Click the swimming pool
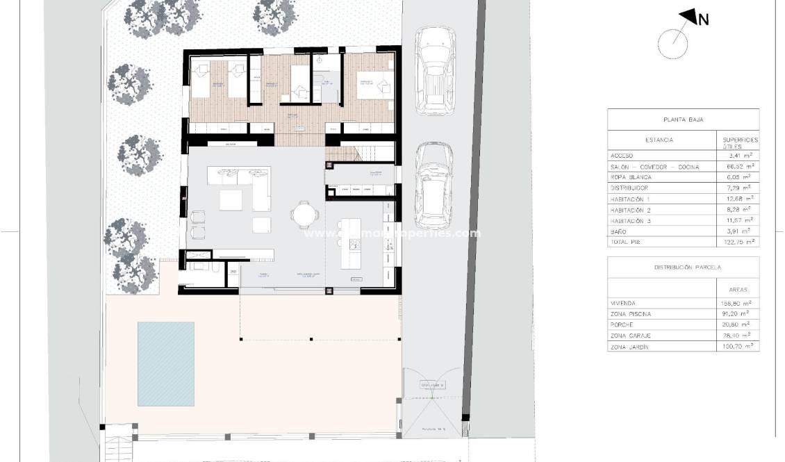[165, 363]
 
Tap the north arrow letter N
[703, 20]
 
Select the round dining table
[304, 214]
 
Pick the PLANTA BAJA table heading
[683, 119]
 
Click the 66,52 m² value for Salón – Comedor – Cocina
[738, 167]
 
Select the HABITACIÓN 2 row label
[631, 209]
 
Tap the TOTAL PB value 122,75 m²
[738, 242]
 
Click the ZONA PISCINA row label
[631, 314]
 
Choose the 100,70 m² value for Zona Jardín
[738, 346]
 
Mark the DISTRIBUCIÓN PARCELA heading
[683, 267]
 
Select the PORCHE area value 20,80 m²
[738, 324]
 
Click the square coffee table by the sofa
[232, 200]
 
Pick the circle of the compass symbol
[672, 44]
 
